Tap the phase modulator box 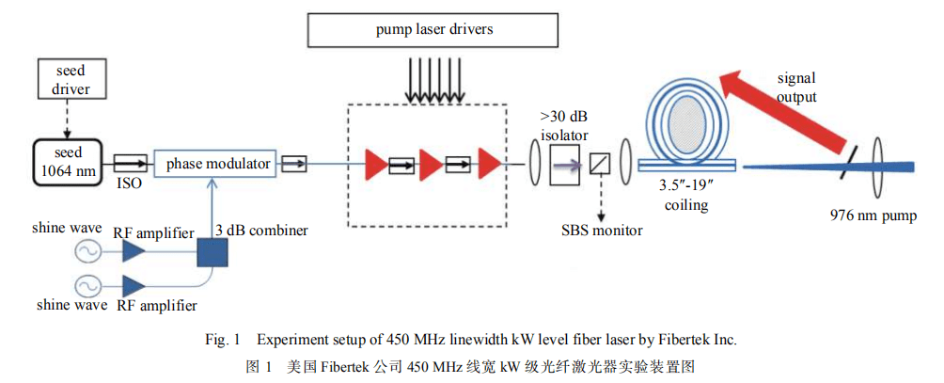point(216,164)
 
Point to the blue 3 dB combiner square point(215,253)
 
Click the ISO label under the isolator point(130,184)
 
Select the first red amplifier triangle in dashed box point(375,164)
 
